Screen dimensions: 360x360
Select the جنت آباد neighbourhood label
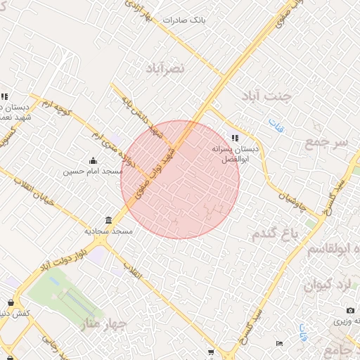[265, 96]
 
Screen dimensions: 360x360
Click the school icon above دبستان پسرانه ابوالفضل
[235, 138]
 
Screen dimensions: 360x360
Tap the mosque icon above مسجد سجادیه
[107, 220]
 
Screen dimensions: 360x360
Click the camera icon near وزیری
[350, 310]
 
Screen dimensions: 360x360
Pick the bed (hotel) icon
[280, 343]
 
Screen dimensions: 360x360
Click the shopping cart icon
[210, 352]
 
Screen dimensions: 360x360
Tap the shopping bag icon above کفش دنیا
[11, 302]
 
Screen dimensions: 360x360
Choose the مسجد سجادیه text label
[105, 231]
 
